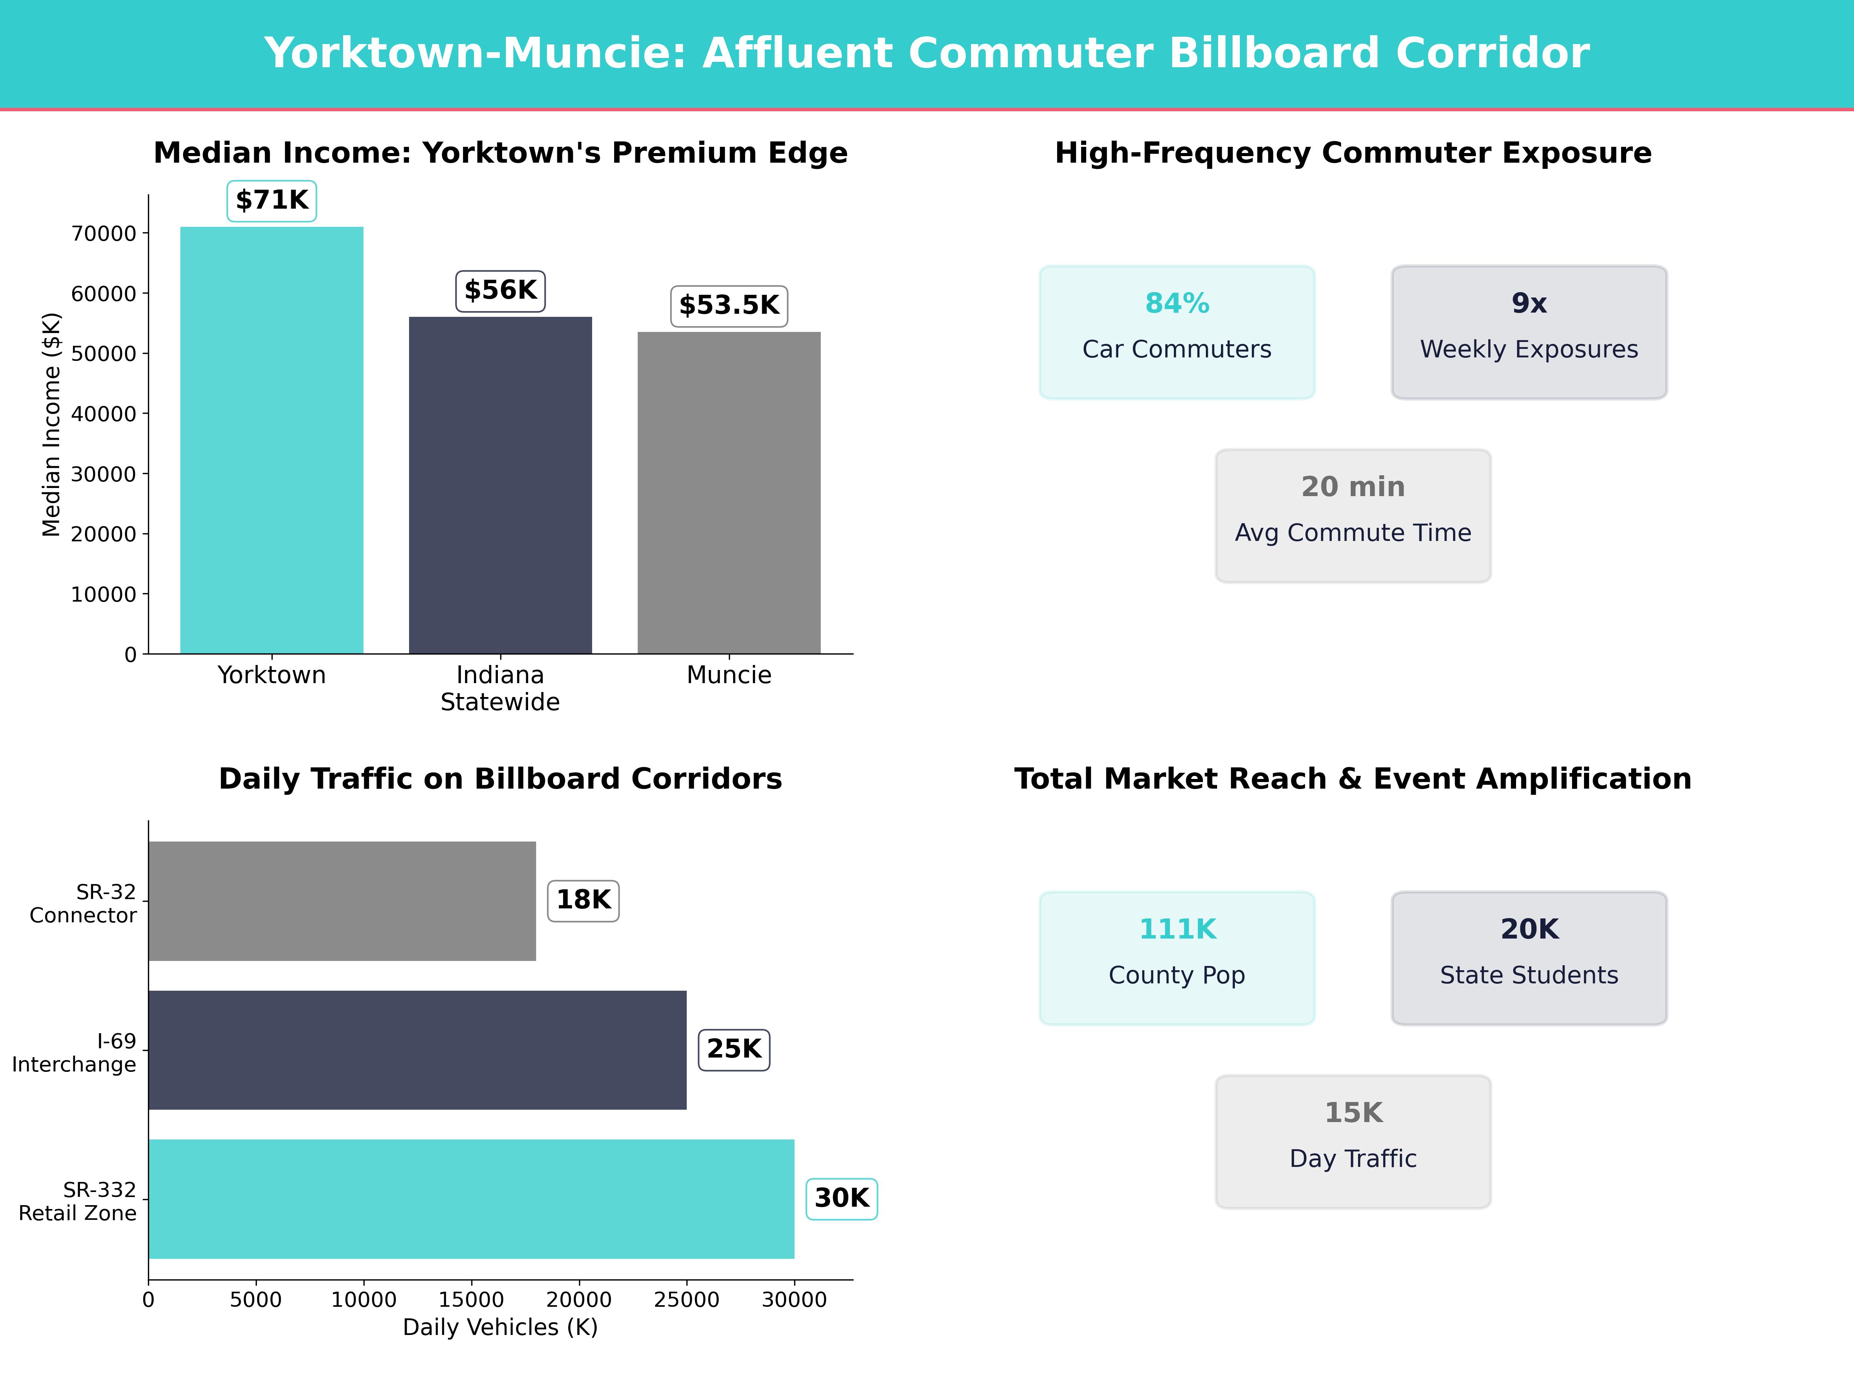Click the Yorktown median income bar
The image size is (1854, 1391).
click(272, 440)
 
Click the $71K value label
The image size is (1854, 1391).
click(272, 201)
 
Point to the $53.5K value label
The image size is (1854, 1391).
click(728, 305)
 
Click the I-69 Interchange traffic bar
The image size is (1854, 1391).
click(418, 1050)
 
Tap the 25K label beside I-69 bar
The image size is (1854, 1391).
click(733, 1049)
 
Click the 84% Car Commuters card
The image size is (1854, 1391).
click(1177, 332)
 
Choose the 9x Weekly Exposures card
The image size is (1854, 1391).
click(1529, 332)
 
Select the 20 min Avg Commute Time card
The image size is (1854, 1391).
click(1353, 516)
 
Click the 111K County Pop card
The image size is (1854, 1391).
click(1177, 957)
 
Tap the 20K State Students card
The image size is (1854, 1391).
click(1529, 957)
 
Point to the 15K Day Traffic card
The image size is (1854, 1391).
click(1353, 1141)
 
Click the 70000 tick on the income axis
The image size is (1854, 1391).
click(104, 234)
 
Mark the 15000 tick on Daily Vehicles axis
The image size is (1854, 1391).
click(471, 1299)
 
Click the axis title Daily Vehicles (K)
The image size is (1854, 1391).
click(500, 1327)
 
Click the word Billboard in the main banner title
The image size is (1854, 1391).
click(1274, 53)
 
